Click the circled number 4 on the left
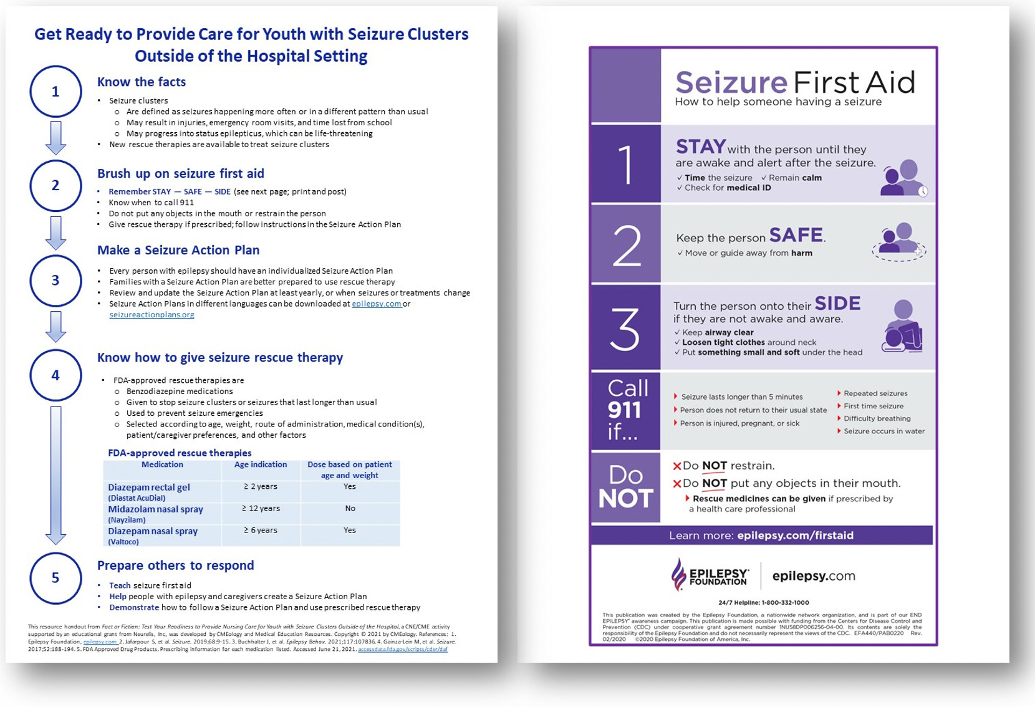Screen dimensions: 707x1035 tap(55, 375)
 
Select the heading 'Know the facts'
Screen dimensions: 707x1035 tap(142, 82)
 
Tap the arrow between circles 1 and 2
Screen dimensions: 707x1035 tap(55, 137)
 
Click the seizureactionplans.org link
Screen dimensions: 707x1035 tap(152, 315)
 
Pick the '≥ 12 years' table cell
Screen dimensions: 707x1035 tap(261, 508)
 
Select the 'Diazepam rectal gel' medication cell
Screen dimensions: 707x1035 tap(149, 488)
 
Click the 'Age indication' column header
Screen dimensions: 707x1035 tap(261, 464)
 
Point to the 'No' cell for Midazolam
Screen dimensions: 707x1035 tap(350, 508)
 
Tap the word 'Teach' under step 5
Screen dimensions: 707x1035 tap(120, 585)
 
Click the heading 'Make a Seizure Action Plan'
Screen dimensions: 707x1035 tap(178, 250)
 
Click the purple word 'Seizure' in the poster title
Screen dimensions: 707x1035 tap(731, 82)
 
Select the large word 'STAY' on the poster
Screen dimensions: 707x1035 tap(701, 147)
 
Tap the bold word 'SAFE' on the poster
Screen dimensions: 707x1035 tap(796, 235)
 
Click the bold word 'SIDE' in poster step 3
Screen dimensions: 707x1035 tap(837, 304)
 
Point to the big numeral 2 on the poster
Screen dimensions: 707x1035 tap(626, 246)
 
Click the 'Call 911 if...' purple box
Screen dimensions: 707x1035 tap(626, 410)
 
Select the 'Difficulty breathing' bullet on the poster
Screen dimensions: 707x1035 tap(877, 418)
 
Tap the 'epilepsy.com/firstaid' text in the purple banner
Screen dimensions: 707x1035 tap(795, 536)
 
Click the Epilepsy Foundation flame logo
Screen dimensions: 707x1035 tap(678, 574)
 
